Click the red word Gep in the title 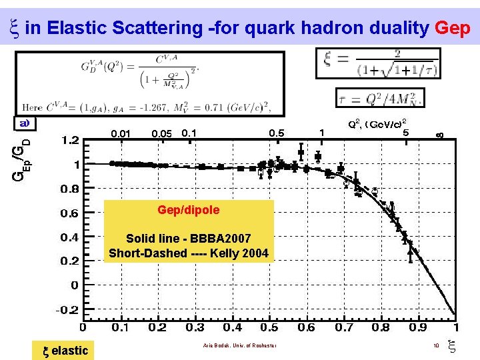pyautogui.click(x=453, y=28)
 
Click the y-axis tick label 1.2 pyautogui.click(x=70, y=141)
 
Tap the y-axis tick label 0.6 pyautogui.click(x=70, y=213)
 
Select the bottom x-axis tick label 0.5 pyautogui.click(x=269, y=327)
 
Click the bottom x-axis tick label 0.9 pyautogui.click(x=418, y=327)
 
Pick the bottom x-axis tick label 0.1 pyautogui.click(x=120, y=327)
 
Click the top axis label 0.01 pyautogui.click(x=121, y=133)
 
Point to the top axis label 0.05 pyautogui.click(x=162, y=133)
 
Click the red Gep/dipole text pyautogui.click(x=189, y=210)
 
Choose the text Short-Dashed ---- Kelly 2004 pyautogui.click(x=189, y=253)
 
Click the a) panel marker pyautogui.click(x=25, y=123)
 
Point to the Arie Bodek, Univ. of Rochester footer pyautogui.click(x=238, y=345)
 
